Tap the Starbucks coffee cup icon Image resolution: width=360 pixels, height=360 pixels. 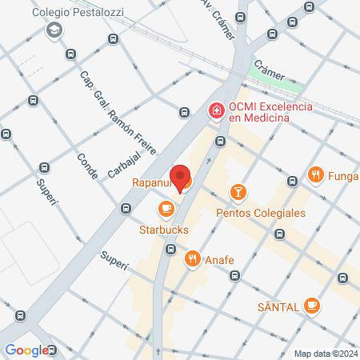(166, 210)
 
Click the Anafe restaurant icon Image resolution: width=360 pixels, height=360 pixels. (192, 258)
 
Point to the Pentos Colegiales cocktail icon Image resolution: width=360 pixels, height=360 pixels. (238, 192)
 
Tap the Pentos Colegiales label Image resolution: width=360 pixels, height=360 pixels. (261, 213)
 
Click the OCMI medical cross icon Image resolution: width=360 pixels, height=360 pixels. (215, 110)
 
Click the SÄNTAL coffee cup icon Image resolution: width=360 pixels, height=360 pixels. (312, 305)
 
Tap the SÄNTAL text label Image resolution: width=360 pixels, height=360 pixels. (278, 306)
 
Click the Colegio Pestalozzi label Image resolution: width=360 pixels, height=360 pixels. (77, 14)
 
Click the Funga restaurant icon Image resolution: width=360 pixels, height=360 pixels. (316, 174)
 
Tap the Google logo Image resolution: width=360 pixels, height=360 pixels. (26, 350)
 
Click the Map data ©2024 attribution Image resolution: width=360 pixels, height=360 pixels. (326, 354)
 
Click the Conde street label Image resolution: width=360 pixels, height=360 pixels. (86, 166)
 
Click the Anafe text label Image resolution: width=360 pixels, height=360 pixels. (220, 258)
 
